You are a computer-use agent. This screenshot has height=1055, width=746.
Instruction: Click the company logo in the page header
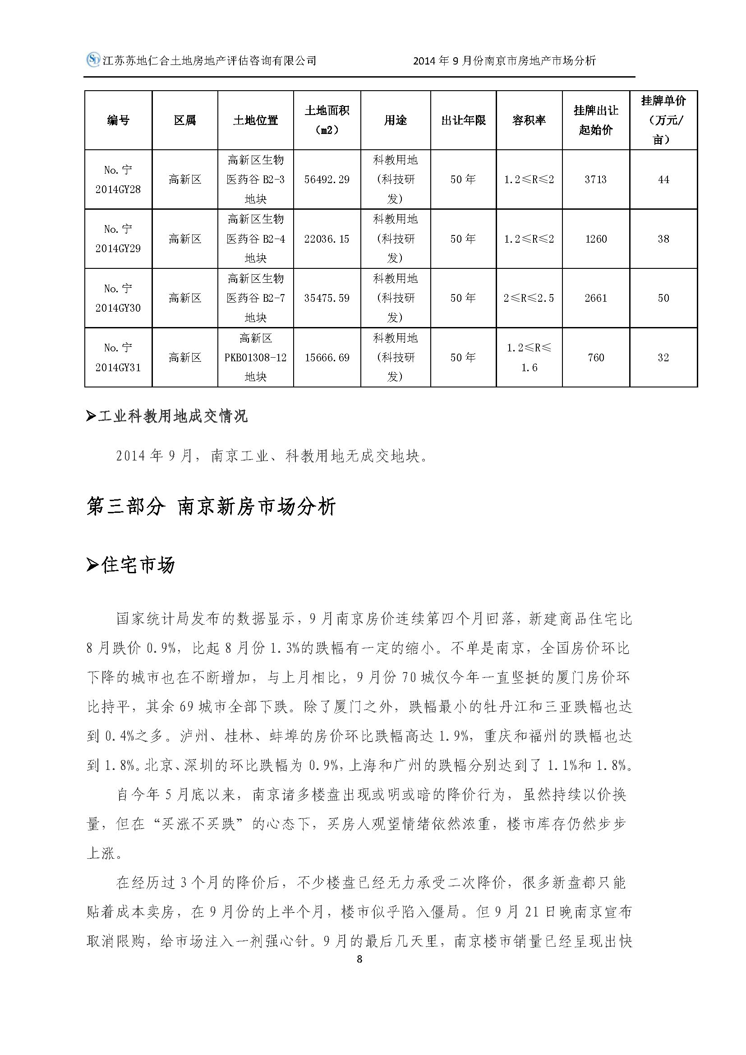point(93,60)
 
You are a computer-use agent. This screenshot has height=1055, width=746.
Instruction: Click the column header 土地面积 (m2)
point(327,120)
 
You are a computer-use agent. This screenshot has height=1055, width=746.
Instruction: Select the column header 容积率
point(529,120)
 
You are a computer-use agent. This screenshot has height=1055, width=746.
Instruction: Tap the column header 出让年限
point(463,120)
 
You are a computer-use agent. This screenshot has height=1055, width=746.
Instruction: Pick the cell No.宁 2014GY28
point(118,180)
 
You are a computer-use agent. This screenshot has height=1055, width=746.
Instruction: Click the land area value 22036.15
point(327,239)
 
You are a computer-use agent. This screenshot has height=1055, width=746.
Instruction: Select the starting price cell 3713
point(595,180)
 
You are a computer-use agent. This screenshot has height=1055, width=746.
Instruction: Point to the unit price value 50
point(663,298)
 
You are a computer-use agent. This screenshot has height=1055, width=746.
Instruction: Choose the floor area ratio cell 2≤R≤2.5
point(529,298)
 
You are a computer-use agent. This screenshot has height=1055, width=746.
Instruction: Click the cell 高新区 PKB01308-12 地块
point(255,358)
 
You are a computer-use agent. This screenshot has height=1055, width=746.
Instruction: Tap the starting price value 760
point(595,358)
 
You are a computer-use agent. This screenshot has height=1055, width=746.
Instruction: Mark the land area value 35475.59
point(327,298)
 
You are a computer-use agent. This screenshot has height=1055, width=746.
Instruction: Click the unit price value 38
point(663,239)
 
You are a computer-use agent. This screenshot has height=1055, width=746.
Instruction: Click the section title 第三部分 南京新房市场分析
point(211,507)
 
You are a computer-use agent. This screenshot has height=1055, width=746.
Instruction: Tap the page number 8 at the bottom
point(359,959)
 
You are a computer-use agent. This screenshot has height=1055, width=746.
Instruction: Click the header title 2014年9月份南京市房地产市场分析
point(504,60)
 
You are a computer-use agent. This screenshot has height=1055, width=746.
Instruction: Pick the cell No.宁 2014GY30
point(118,298)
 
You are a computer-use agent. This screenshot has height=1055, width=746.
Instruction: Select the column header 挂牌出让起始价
point(595,120)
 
